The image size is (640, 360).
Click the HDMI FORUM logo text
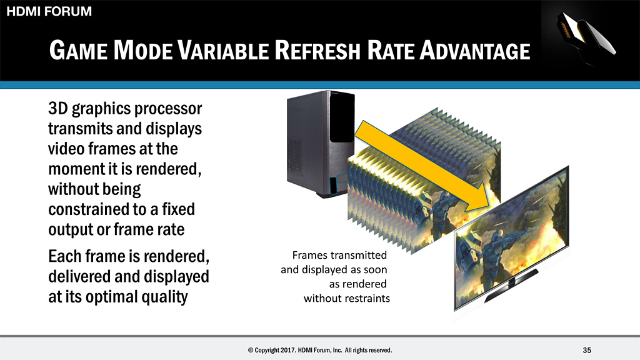coord(49,11)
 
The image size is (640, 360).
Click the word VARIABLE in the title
coord(223,50)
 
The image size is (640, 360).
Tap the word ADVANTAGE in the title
coord(475,50)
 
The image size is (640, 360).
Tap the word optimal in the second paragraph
coord(111,297)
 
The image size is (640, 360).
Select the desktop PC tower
coord(321,144)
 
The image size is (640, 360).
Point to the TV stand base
coord(511,285)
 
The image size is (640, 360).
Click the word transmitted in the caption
coord(363,255)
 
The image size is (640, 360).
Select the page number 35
coord(587,350)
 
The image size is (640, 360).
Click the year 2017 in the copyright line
coord(288,350)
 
